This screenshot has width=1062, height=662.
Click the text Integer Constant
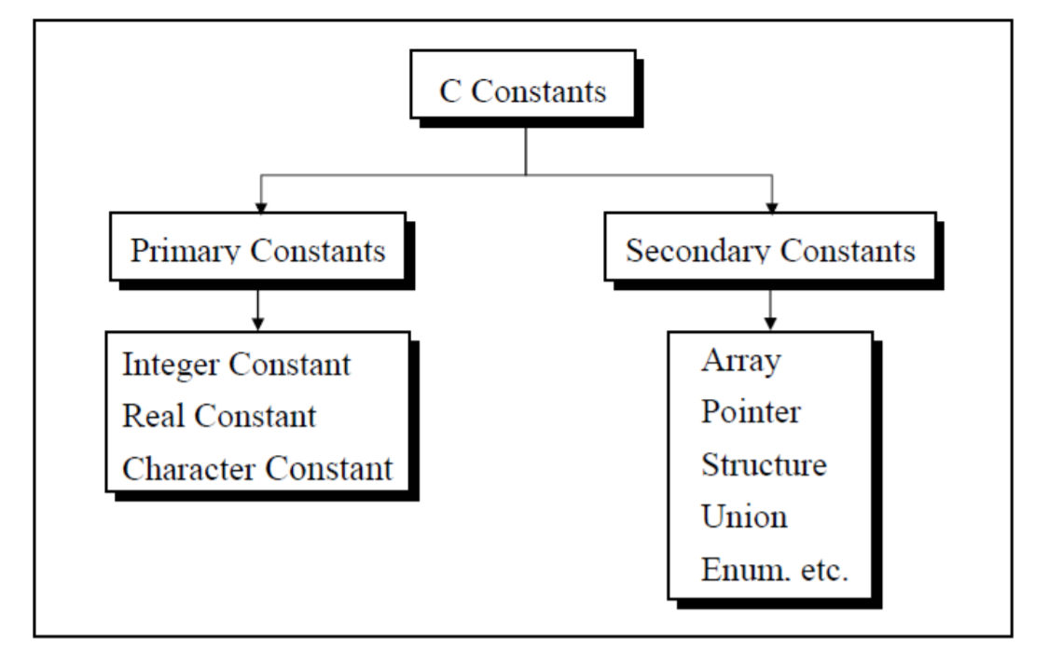pos(237,365)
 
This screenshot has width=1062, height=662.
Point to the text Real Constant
pos(219,416)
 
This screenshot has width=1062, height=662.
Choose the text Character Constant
pos(257,468)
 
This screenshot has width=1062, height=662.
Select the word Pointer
pos(751,413)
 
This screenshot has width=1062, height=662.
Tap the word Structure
pos(764,464)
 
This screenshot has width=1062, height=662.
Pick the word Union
pos(744,516)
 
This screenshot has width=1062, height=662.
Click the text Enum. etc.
pos(775,570)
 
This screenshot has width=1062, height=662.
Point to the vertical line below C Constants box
pos(527,149)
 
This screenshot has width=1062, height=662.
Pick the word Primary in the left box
pos(182,252)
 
